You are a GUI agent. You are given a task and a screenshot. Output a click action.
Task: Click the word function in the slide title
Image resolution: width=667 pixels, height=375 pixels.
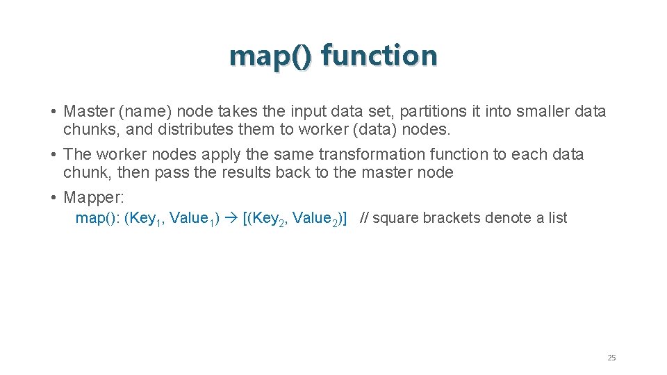(379, 56)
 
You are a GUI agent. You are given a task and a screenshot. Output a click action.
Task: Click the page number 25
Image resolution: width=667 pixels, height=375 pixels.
(611, 358)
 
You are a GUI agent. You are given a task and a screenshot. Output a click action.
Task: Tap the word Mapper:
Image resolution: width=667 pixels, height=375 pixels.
(94, 197)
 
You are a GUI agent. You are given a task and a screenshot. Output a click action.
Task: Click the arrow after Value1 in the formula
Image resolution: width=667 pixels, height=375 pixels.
(231, 219)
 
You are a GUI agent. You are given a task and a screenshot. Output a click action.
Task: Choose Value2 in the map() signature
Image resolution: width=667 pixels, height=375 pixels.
(316, 219)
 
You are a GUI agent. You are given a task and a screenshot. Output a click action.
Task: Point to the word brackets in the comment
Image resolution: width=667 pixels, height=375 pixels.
(452, 218)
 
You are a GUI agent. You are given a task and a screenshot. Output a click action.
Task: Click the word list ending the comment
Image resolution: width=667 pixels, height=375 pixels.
(557, 218)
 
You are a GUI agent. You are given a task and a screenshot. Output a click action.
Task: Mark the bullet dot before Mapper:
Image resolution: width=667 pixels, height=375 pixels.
(53, 198)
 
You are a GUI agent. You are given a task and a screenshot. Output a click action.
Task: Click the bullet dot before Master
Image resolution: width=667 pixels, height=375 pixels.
(53, 112)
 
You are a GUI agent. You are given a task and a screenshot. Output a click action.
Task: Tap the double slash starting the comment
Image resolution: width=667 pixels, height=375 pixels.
(365, 218)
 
